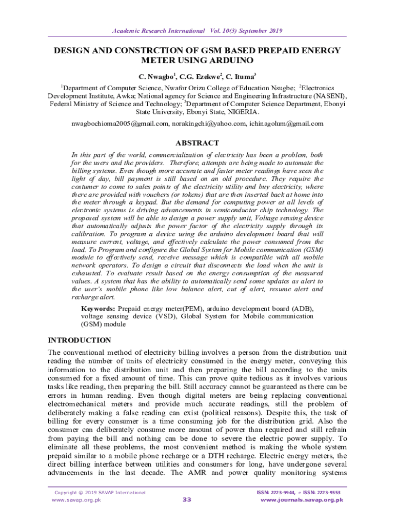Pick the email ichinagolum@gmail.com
(x=286, y=124)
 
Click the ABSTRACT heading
(x=197, y=143)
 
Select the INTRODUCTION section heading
(x=79, y=340)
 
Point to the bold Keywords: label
(x=98, y=309)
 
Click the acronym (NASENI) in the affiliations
(x=327, y=96)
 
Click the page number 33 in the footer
(x=187, y=499)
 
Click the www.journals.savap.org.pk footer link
(x=302, y=500)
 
